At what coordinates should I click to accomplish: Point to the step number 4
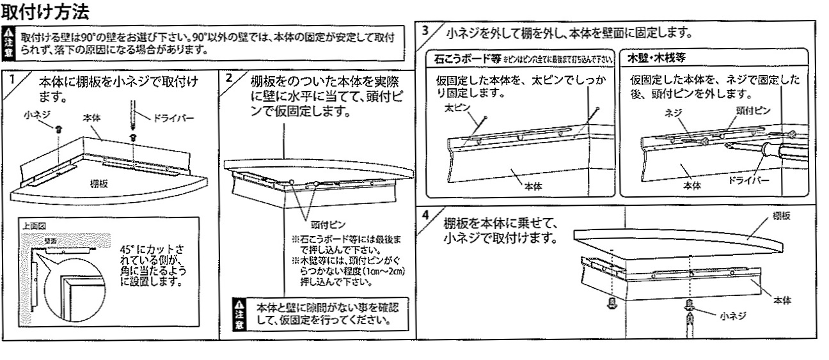(x=427, y=215)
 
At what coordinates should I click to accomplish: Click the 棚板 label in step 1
(x=100, y=183)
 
